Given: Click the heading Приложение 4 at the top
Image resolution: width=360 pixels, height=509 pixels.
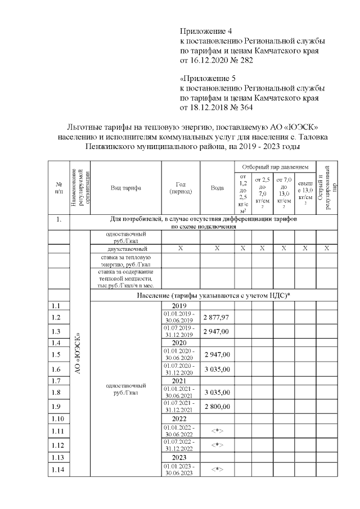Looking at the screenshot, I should (205, 30).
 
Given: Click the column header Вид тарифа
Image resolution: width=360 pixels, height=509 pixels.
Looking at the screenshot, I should (125, 188).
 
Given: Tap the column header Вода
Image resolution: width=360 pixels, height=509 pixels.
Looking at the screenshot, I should (217, 188).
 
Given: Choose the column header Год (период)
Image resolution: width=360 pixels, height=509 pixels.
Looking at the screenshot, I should (181, 188).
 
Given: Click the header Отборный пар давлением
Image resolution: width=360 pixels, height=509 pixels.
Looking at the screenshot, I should (275, 167).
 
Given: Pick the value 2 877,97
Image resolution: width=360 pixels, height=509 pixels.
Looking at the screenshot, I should (217, 318).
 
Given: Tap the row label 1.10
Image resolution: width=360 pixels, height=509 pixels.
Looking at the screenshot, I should (57, 419).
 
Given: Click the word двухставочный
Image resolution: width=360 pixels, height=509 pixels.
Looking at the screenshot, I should (125, 248).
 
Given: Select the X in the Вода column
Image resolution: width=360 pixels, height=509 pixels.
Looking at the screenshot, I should (217, 248).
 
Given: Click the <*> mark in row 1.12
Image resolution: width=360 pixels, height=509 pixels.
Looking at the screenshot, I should (217, 445).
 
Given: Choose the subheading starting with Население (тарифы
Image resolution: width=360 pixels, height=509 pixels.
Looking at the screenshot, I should (211, 296).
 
